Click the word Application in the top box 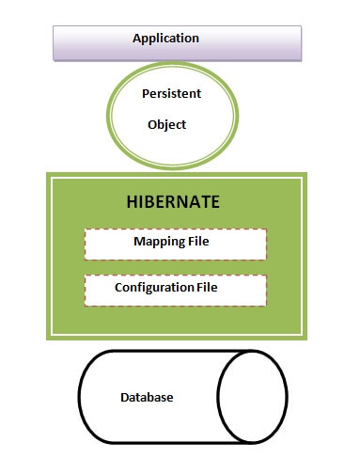(165, 39)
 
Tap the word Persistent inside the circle (170, 94)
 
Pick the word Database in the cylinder (147, 398)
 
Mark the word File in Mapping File (197, 243)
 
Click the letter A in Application (136, 39)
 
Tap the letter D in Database (124, 398)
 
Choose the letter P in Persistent (145, 94)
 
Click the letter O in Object (152, 124)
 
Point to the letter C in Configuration (118, 287)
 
